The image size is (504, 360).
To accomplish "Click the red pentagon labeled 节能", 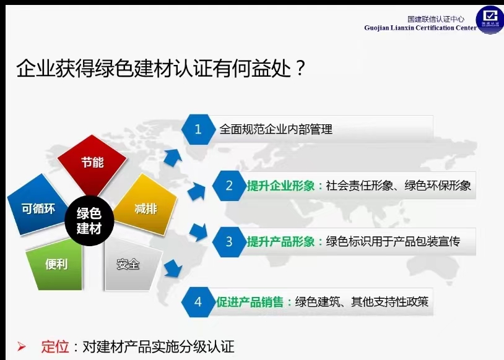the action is tap(92, 164).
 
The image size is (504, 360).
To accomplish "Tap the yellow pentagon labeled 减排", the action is tap(146, 205).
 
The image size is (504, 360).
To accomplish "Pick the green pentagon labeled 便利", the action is tap(55, 265).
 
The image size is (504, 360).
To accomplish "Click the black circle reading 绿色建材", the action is tap(89, 221).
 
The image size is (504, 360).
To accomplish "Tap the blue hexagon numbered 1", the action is tap(198, 129).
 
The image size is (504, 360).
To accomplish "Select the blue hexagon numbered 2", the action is tap(229, 186).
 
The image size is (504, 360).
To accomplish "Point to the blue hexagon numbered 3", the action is tap(229, 241).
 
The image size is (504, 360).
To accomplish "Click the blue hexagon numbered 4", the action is tap(198, 302).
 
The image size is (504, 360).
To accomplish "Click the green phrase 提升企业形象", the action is tap(281, 186).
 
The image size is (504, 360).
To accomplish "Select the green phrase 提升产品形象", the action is tap(281, 241).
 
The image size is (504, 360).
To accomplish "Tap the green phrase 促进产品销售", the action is tap(250, 302).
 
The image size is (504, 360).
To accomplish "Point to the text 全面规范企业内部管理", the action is tap(276, 129).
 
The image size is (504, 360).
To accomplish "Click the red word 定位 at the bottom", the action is tap(55, 347).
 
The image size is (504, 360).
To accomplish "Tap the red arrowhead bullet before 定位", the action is tap(22, 346).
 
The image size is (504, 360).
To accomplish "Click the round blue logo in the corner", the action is tap(490, 19).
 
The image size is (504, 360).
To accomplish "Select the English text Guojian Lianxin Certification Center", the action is tap(420, 28).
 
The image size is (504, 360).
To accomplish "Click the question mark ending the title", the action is tap(300, 67).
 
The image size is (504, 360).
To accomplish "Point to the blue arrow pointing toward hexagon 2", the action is tap(196, 191).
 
